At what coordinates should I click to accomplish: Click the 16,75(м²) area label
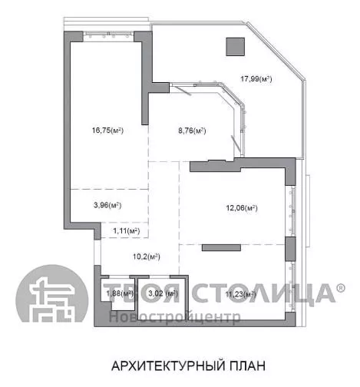point(107,131)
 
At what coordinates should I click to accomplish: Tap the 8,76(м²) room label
point(192,131)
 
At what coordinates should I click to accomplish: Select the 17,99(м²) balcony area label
point(256,78)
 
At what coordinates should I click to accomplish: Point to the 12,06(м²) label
point(242,208)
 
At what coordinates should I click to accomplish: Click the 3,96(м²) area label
point(107,205)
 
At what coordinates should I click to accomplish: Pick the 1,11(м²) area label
point(127,231)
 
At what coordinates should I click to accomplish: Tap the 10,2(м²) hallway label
point(147,256)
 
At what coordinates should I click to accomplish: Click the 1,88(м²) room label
point(120,293)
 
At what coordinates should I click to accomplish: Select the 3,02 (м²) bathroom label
point(163,293)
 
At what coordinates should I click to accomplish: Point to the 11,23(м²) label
point(241,294)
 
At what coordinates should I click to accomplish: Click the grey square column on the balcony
point(236,47)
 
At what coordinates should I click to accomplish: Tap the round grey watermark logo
point(52,293)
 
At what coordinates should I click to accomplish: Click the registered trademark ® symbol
point(341,288)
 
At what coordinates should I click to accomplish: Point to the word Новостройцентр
point(175,317)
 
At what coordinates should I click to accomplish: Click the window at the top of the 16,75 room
point(109,35)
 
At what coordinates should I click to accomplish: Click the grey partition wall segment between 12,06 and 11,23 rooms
point(221,248)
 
